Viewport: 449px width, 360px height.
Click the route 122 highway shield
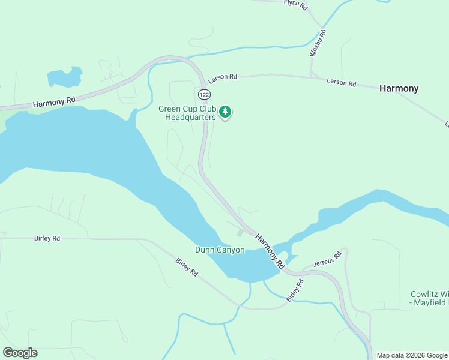click(204, 95)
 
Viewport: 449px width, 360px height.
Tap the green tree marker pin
click(225, 112)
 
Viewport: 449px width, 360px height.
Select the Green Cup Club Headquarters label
click(187, 113)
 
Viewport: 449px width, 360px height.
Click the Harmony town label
click(399, 88)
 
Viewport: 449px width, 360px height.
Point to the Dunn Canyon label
click(220, 250)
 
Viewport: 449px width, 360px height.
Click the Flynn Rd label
click(295, 5)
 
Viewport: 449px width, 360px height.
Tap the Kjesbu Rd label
click(318, 43)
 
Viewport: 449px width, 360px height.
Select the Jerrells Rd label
click(327, 259)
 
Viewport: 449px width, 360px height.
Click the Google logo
click(20, 352)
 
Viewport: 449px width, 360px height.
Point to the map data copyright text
click(412, 355)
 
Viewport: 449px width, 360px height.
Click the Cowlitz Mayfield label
click(429, 299)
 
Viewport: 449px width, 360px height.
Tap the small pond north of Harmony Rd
click(64, 78)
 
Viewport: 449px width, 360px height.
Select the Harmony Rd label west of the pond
click(54, 103)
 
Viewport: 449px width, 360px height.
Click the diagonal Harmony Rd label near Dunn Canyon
click(270, 250)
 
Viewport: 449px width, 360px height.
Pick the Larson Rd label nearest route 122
click(223, 78)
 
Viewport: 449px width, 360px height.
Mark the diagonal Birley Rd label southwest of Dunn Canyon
click(187, 267)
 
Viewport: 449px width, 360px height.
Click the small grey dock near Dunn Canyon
click(240, 232)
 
